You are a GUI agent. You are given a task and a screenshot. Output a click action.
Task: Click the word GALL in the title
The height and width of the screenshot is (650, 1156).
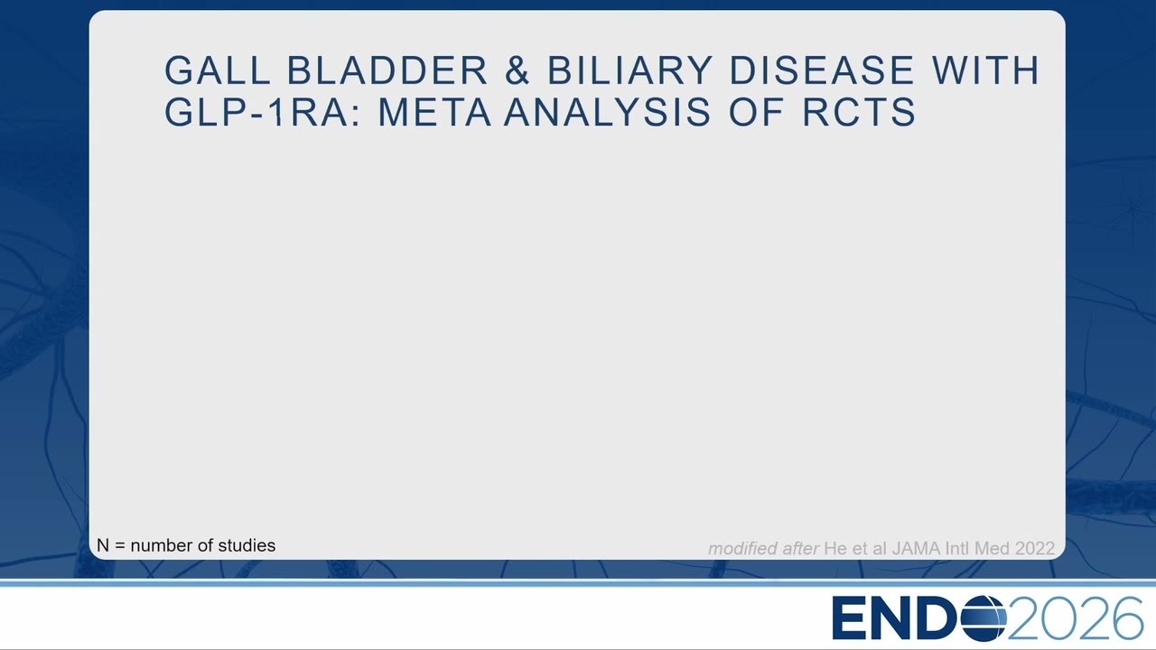(x=218, y=70)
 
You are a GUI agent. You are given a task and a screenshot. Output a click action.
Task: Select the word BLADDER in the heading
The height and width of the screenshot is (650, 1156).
(x=387, y=70)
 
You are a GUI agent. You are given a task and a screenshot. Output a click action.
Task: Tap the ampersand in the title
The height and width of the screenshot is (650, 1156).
(x=517, y=70)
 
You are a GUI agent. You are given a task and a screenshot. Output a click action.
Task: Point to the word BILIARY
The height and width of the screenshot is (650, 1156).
(x=629, y=70)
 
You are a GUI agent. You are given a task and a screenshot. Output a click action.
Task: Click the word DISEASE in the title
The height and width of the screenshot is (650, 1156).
(x=821, y=70)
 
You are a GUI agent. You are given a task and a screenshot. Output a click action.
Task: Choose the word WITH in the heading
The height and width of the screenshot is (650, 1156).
(x=985, y=70)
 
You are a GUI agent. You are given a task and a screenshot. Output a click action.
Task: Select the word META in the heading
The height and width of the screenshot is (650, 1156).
(x=434, y=112)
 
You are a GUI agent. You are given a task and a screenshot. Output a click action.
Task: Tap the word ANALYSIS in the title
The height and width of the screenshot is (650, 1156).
(x=608, y=112)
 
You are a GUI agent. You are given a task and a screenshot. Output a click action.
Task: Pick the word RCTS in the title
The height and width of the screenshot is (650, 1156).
(x=859, y=112)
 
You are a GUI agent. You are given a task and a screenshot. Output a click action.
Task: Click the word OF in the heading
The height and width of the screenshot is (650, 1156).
(x=757, y=112)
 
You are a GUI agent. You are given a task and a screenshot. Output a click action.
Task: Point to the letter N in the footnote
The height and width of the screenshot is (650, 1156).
(x=103, y=545)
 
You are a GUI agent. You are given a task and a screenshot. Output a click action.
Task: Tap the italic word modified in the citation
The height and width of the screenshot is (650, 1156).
(x=741, y=548)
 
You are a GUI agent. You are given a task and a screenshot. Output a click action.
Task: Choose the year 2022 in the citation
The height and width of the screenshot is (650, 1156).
(x=1035, y=548)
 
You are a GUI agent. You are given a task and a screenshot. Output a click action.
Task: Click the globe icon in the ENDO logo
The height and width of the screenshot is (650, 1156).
(x=984, y=618)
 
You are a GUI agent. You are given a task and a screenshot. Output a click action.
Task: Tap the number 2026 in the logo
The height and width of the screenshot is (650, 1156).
(x=1075, y=618)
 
